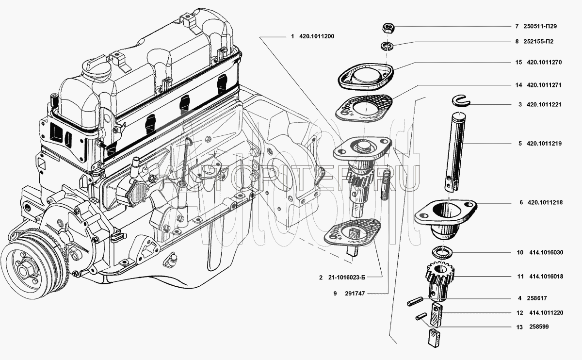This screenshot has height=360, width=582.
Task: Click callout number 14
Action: click(518, 85)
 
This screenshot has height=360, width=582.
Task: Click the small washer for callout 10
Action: click(442, 252)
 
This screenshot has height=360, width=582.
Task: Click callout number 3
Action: click(519, 104)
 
